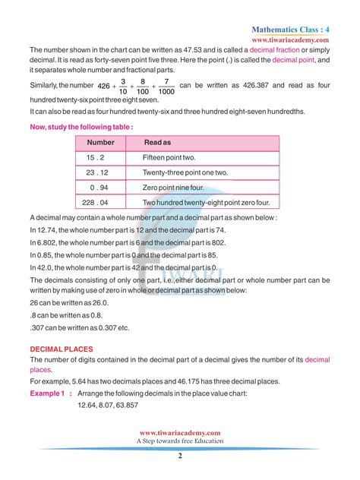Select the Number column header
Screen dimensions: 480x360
click(100, 142)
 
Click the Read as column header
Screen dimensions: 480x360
click(157, 142)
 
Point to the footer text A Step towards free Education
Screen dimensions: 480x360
click(180, 441)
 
